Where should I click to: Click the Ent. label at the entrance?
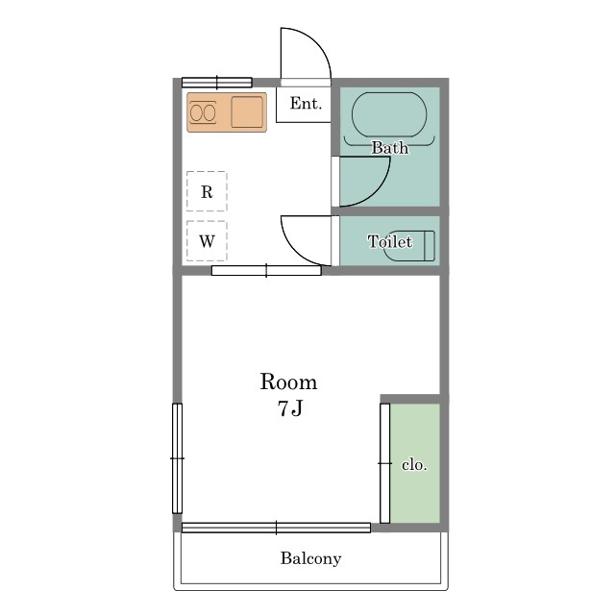point(306,103)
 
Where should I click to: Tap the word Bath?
point(389,148)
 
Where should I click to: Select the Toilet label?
point(390,241)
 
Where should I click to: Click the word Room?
point(288,381)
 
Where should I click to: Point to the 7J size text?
point(290,408)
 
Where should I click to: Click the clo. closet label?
point(414,465)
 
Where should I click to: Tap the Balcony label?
point(310,558)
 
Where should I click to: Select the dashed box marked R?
point(207,191)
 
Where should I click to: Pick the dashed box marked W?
point(207,241)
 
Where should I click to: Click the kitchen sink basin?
point(247,112)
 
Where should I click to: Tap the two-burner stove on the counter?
point(203,113)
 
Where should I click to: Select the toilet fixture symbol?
point(409,246)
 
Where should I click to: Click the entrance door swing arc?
point(316,42)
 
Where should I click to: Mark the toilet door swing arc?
point(295,252)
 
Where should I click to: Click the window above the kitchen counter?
point(217,83)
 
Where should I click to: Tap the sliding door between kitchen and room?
point(266,270)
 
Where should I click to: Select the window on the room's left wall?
point(177,458)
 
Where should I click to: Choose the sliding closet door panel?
point(384,463)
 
